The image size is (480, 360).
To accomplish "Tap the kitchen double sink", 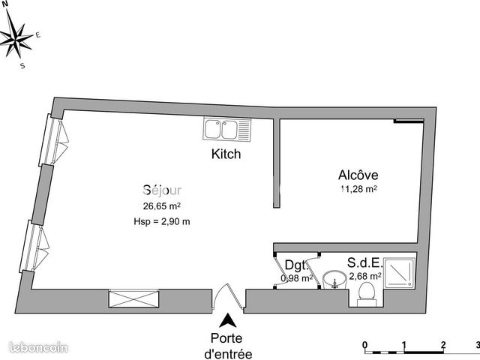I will tap(229, 129).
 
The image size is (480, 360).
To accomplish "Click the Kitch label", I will tap(226, 154).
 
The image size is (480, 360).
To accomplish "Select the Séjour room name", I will tap(162, 190).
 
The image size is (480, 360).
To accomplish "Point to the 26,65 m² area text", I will tap(162, 205).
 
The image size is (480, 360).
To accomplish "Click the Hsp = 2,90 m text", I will tap(162, 220).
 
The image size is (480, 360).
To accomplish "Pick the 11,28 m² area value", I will tap(358, 190).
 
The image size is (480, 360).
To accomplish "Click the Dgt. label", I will tap(295, 265).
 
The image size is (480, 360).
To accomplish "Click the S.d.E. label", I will tap(364, 264).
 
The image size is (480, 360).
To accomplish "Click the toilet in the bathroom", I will tap(367, 298).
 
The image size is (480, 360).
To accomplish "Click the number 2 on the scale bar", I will tap(443, 345).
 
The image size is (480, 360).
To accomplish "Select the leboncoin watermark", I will tap(37, 346).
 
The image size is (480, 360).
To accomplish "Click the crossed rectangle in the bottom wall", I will tap(133, 298).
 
